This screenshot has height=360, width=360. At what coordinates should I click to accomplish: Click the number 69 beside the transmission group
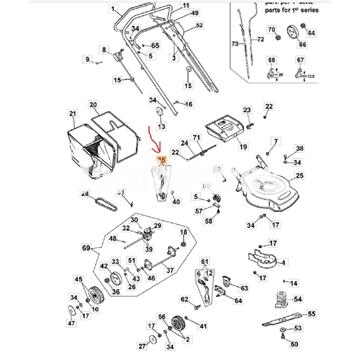click(86, 245)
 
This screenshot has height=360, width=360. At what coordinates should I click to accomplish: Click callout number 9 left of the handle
click(87, 61)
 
